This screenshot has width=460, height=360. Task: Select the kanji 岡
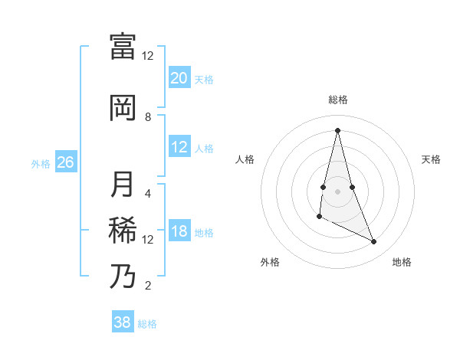tap(123, 108)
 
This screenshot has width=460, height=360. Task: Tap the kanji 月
tap(123, 185)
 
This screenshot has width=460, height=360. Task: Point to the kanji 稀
tap(123, 231)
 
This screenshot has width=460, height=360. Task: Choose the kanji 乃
tap(123, 277)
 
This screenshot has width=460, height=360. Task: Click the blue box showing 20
tap(179, 78)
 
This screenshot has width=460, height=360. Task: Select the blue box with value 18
tap(179, 232)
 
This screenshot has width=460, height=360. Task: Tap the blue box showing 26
tap(65, 162)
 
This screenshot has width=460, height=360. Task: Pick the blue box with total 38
tap(123, 322)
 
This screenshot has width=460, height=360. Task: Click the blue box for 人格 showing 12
tap(179, 147)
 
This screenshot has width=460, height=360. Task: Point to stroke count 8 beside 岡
tap(148, 116)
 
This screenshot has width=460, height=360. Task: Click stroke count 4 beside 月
tap(148, 193)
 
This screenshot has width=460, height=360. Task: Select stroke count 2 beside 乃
tap(148, 286)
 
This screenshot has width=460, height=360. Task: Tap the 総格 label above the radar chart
tap(338, 100)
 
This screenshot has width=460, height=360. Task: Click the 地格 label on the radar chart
tap(402, 262)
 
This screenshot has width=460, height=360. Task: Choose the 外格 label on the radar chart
tap(270, 262)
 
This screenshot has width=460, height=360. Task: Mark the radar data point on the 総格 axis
tap(337, 130)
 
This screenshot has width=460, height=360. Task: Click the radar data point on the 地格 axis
tap(374, 242)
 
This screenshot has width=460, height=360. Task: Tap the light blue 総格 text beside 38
tap(147, 323)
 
